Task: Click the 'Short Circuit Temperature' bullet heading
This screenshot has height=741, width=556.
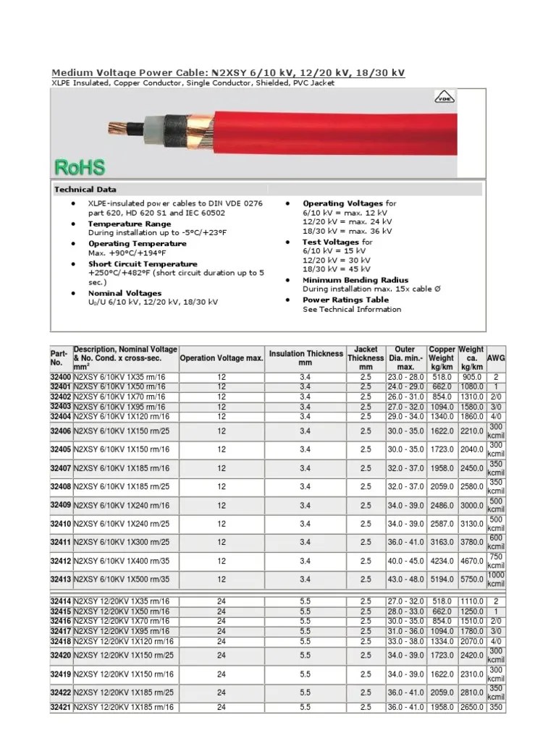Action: [x=143, y=265]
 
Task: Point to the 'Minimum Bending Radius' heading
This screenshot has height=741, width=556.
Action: [x=355, y=280]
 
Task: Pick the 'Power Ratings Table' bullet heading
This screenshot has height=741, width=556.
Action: [x=345, y=300]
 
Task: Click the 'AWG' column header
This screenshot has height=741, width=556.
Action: [x=497, y=358]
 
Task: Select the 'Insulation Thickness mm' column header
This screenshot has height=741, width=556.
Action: [x=306, y=358]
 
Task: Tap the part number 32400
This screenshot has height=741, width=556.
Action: [x=60, y=378]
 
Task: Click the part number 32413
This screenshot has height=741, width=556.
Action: [x=60, y=579]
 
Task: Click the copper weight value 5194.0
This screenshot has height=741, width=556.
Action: [x=441, y=579]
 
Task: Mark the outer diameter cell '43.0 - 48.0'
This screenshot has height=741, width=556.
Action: [x=406, y=579]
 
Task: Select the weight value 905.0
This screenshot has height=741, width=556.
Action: [x=471, y=378]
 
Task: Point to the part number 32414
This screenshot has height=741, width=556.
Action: [x=60, y=601]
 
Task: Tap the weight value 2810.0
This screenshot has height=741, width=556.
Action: [x=471, y=693]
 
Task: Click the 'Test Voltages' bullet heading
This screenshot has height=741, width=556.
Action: [x=330, y=242]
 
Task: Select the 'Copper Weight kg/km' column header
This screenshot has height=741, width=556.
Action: [x=441, y=358]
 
